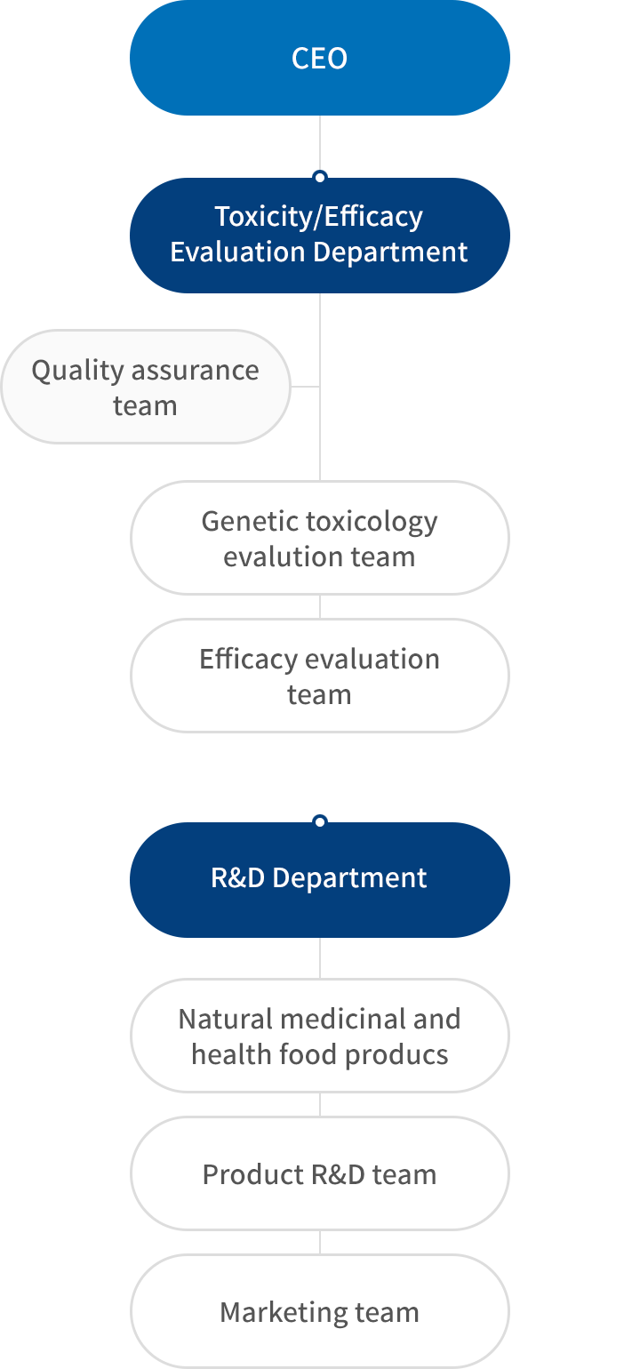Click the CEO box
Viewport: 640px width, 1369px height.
pos(320,58)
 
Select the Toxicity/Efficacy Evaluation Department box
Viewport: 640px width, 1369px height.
pos(320,236)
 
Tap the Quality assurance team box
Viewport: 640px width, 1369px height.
pos(146,387)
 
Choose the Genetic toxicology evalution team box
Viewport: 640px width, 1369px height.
pos(320,538)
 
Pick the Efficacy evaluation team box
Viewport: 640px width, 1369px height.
pos(320,676)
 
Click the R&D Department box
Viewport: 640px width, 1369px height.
pos(320,880)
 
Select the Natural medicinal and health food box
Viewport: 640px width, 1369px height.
pos(320,1036)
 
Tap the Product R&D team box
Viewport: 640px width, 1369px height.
pos(320,1173)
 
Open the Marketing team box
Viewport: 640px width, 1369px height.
pos(320,1311)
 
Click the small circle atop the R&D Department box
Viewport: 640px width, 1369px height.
pos(320,821)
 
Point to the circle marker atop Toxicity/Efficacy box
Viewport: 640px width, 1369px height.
pos(320,177)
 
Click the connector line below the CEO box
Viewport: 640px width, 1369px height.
pos(320,143)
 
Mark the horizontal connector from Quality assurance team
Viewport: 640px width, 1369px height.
pos(305,386)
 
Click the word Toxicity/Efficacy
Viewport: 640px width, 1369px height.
pos(318,217)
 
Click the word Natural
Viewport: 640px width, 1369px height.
pos(226,1019)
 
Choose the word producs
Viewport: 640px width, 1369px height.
pos(396,1055)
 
